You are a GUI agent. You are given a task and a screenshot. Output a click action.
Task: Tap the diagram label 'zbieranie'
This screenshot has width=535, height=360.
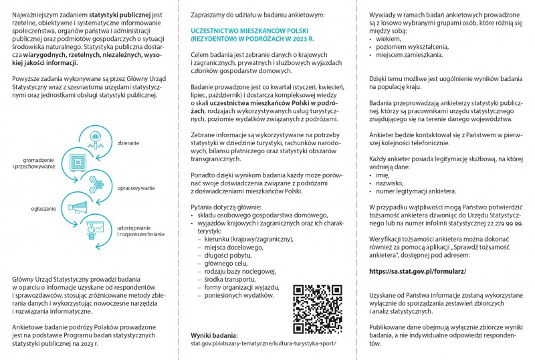[x=128, y=143]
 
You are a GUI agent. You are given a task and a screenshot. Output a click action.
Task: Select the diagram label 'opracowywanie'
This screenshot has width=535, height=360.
[x=136, y=188]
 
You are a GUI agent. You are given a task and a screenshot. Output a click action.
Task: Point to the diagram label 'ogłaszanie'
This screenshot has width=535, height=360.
[x=43, y=209]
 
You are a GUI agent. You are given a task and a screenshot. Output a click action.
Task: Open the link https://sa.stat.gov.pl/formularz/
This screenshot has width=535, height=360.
[x=417, y=271]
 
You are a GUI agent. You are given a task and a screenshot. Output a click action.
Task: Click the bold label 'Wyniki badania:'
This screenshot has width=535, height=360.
[x=215, y=334]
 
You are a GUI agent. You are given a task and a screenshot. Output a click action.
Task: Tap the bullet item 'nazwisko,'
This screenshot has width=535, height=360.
[x=390, y=182]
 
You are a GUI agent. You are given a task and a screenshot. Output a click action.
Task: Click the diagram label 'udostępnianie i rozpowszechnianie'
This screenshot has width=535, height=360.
[x=141, y=231]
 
